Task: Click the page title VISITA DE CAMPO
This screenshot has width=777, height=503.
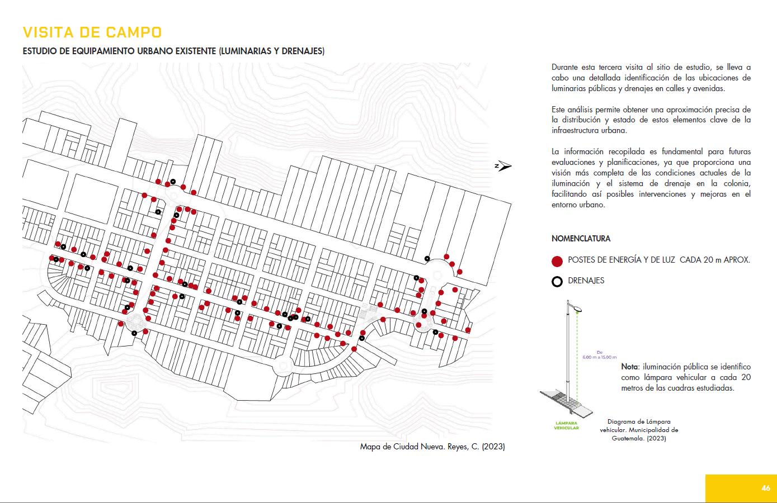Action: (x=92, y=32)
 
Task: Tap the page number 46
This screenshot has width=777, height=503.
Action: (x=766, y=488)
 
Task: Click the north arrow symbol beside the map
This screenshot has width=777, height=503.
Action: (x=503, y=166)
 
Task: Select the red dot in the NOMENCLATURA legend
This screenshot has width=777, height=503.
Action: (x=557, y=260)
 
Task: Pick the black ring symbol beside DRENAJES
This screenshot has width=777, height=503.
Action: (x=557, y=281)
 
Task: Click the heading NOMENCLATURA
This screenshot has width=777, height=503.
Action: (x=581, y=239)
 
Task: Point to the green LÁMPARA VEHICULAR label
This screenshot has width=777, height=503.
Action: (x=566, y=425)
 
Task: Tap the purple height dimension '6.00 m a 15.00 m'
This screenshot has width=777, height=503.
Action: (x=599, y=355)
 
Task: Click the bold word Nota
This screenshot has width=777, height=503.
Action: (x=629, y=367)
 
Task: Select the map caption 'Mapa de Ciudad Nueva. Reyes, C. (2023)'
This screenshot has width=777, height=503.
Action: (x=432, y=447)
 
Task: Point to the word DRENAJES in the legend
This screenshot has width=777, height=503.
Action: (x=586, y=281)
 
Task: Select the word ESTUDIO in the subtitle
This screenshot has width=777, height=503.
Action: (x=39, y=51)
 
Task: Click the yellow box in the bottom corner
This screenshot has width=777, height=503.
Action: (x=741, y=488)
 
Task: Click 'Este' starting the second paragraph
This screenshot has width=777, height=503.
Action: (x=558, y=110)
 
